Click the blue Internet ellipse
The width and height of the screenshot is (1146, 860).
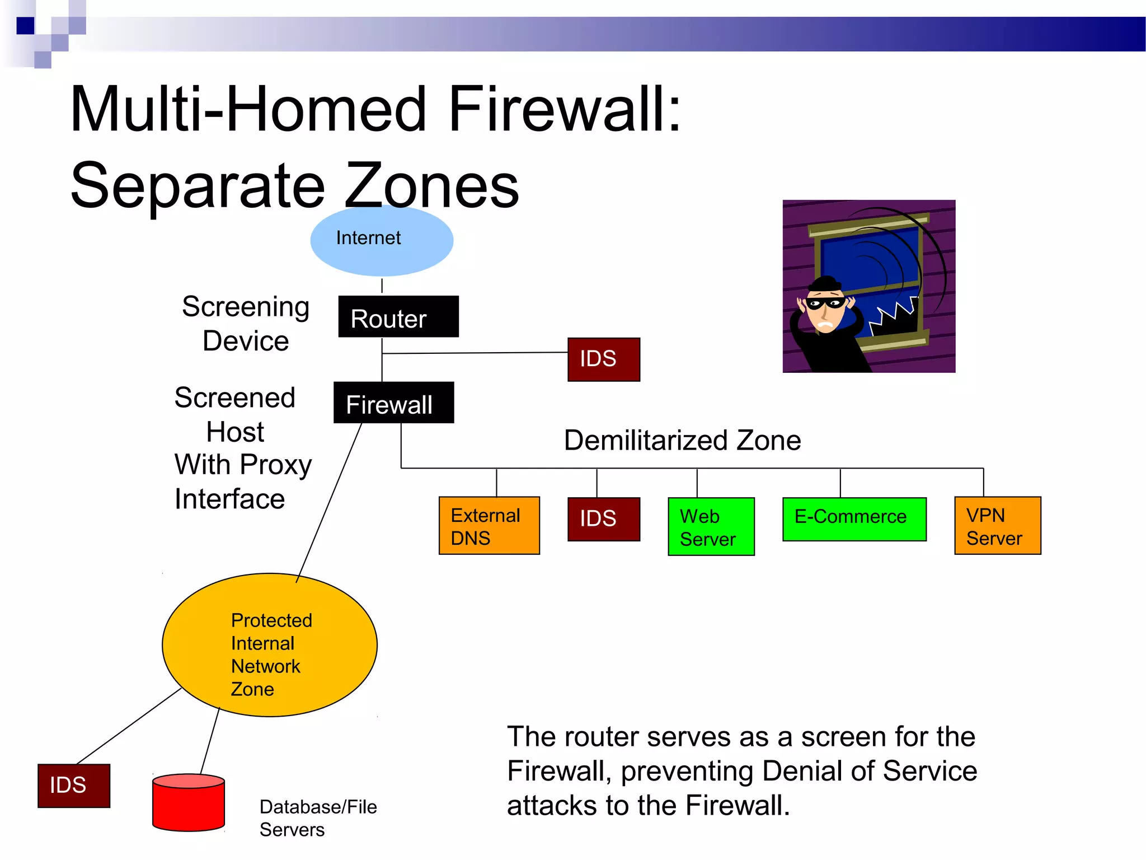coord(382,241)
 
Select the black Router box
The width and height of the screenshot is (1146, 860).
coord(398,317)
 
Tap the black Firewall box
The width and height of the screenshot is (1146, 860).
coord(393,403)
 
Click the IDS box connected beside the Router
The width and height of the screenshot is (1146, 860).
coord(603,359)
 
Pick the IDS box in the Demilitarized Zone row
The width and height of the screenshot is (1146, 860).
coord(603,519)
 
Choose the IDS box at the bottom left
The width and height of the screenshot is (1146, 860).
coord(74,786)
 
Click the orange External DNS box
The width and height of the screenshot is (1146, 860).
coord(489,526)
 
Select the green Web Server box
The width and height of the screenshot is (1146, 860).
coord(711,527)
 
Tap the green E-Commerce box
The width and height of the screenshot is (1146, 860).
coord(854,519)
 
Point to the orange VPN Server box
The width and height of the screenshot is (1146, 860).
coord(997,526)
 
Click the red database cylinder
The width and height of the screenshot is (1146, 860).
coord(189,803)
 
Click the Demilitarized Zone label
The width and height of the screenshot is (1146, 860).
coord(682,440)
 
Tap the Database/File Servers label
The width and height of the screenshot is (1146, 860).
coord(318,818)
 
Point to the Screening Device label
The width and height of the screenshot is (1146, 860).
coord(246,324)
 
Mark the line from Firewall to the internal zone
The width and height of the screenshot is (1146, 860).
coord(329,502)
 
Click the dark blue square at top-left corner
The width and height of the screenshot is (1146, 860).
coord(25,26)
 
